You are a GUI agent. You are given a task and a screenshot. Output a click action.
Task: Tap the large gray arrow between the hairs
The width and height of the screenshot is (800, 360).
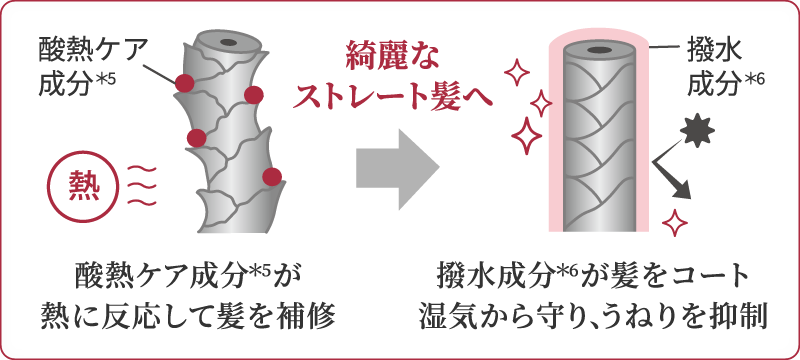[397, 169]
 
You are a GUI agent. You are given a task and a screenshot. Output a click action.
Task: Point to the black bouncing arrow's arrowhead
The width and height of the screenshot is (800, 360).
[681, 191]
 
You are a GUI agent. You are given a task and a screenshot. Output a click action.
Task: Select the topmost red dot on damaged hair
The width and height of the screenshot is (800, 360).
[184, 83]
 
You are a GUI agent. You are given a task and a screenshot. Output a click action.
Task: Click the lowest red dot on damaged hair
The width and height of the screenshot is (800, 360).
[272, 177]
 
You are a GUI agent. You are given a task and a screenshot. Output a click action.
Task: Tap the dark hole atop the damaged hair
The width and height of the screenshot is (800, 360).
[228, 42]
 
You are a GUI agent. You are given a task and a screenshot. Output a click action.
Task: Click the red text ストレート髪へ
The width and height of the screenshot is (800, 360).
[392, 96]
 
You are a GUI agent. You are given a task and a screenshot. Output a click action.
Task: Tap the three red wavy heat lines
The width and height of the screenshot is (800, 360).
[141, 186]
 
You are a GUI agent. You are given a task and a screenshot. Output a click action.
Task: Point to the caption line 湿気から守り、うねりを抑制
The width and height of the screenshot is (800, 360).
[593, 318]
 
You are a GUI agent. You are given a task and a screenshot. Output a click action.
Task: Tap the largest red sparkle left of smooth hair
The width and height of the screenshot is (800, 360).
[527, 135]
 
